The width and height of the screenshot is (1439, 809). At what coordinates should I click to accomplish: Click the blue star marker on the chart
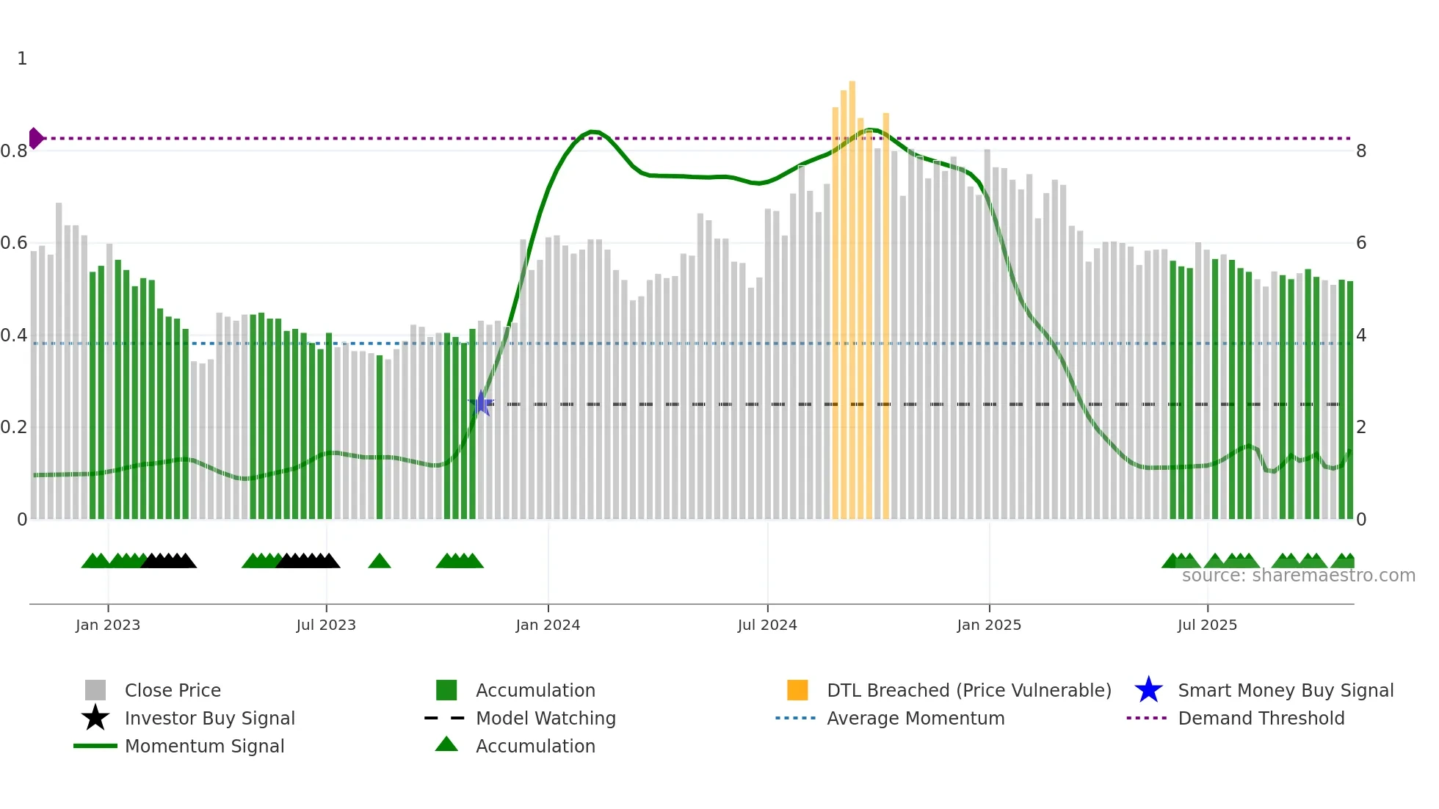click(x=481, y=403)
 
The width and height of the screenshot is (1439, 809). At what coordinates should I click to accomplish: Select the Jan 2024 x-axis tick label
click(x=548, y=625)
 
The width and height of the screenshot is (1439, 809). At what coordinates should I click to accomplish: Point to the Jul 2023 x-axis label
click(x=326, y=625)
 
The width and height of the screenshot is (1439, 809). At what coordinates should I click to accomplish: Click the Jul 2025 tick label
click(x=1207, y=625)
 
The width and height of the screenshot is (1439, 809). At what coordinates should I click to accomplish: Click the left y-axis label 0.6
click(x=14, y=243)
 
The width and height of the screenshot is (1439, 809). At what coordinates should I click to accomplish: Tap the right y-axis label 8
click(x=1361, y=151)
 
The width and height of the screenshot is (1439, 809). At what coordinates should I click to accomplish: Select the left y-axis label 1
click(x=22, y=59)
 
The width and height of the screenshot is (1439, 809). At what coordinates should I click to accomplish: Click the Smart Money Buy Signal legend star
click(x=1148, y=690)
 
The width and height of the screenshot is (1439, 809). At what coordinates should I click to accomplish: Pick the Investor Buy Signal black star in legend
click(x=95, y=718)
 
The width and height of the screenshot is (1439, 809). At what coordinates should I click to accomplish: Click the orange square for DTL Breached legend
click(x=797, y=690)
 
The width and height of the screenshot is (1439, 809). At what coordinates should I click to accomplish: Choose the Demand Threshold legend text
click(x=1261, y=718)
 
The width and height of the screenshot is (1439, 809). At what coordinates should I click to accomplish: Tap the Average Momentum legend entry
click(x=915, y=718)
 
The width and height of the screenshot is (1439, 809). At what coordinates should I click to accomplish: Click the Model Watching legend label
click(x=545, y=718)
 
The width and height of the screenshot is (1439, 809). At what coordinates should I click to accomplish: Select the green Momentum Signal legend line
click(x=95, y=746)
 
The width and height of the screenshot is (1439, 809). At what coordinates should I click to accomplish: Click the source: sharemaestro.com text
click(x=1298, y=576)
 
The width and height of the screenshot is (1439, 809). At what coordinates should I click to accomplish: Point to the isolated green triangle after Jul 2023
click(x=380, y=562)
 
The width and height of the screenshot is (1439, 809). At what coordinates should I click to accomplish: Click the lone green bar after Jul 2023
click(x=380, y=438)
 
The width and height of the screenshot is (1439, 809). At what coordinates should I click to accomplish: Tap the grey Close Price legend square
click(x=95, y=690)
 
